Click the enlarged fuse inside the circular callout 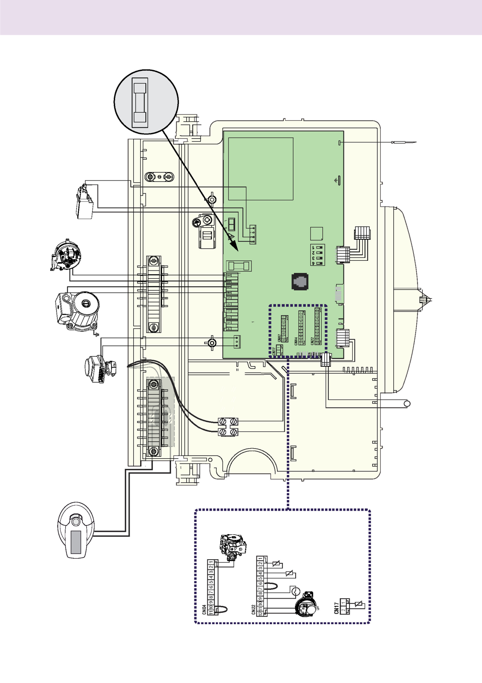pos(140,103)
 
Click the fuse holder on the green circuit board pos(239,266)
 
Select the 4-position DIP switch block pos(318,255)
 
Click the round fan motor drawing pos(66,256)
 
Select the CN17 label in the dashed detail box pos(336,608)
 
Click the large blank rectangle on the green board pos(260,169)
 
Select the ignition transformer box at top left pos(85,203)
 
